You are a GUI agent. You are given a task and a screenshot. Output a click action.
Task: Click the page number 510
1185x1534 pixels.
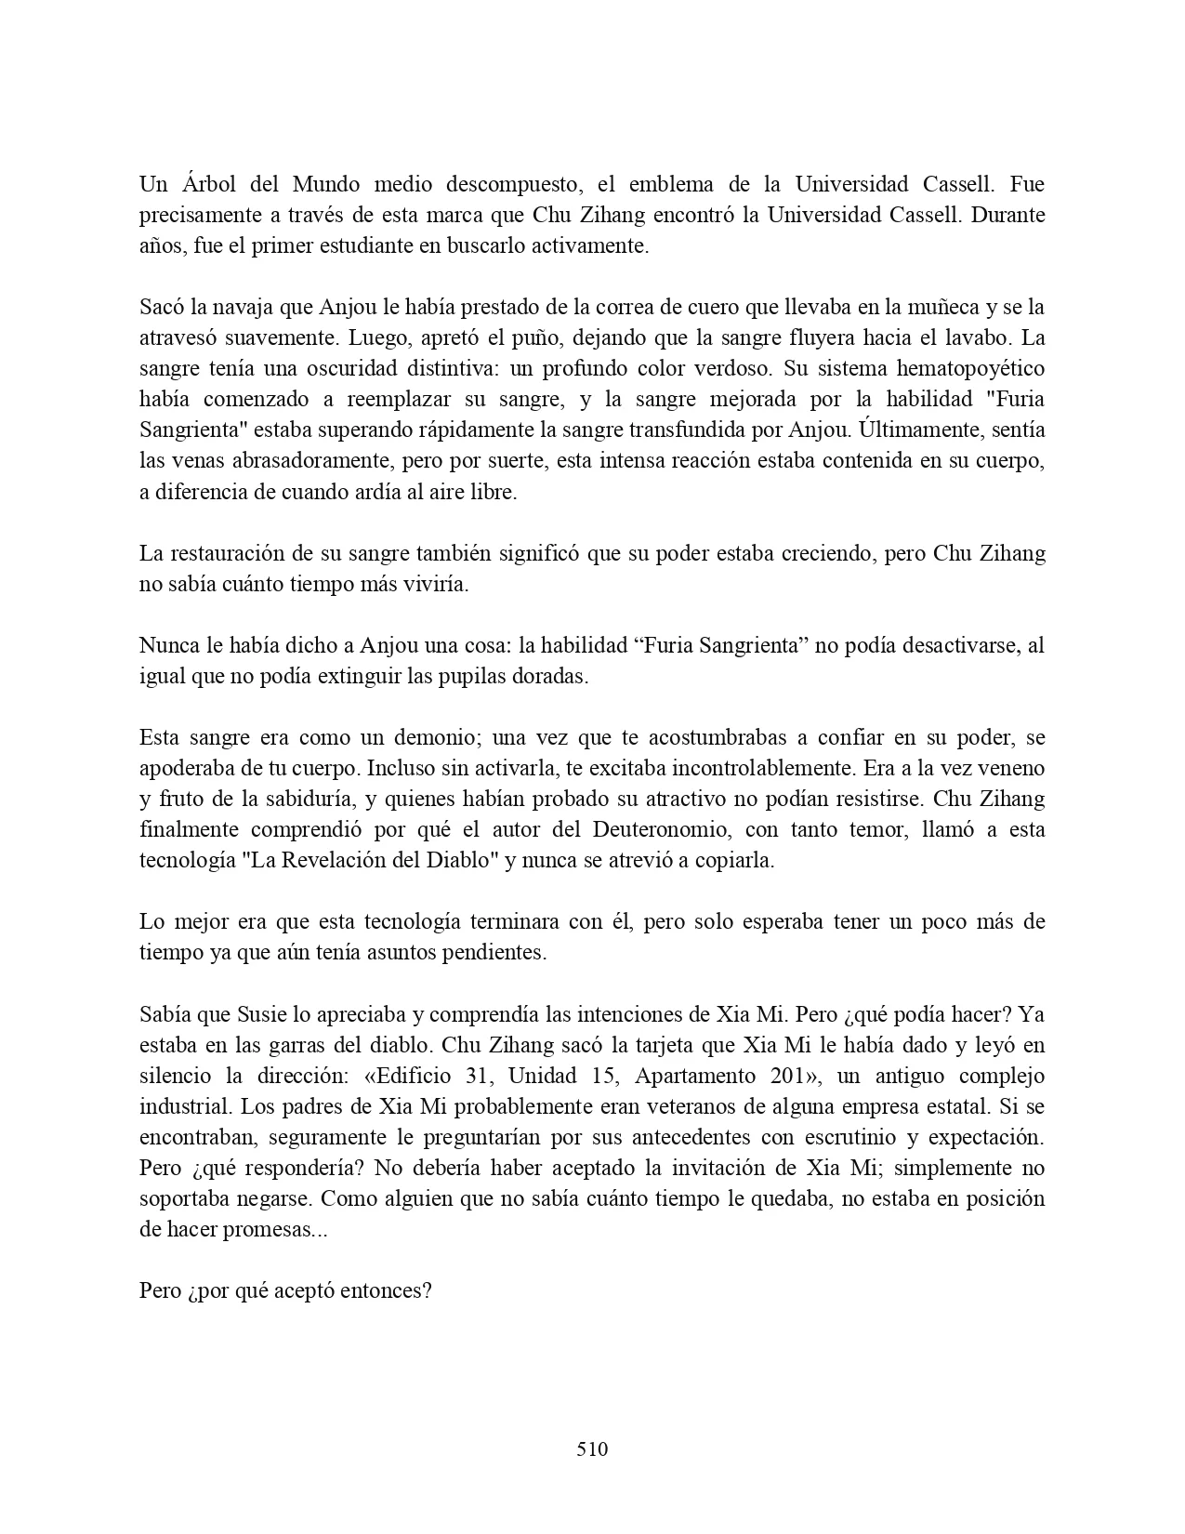(x=592, y=1448)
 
